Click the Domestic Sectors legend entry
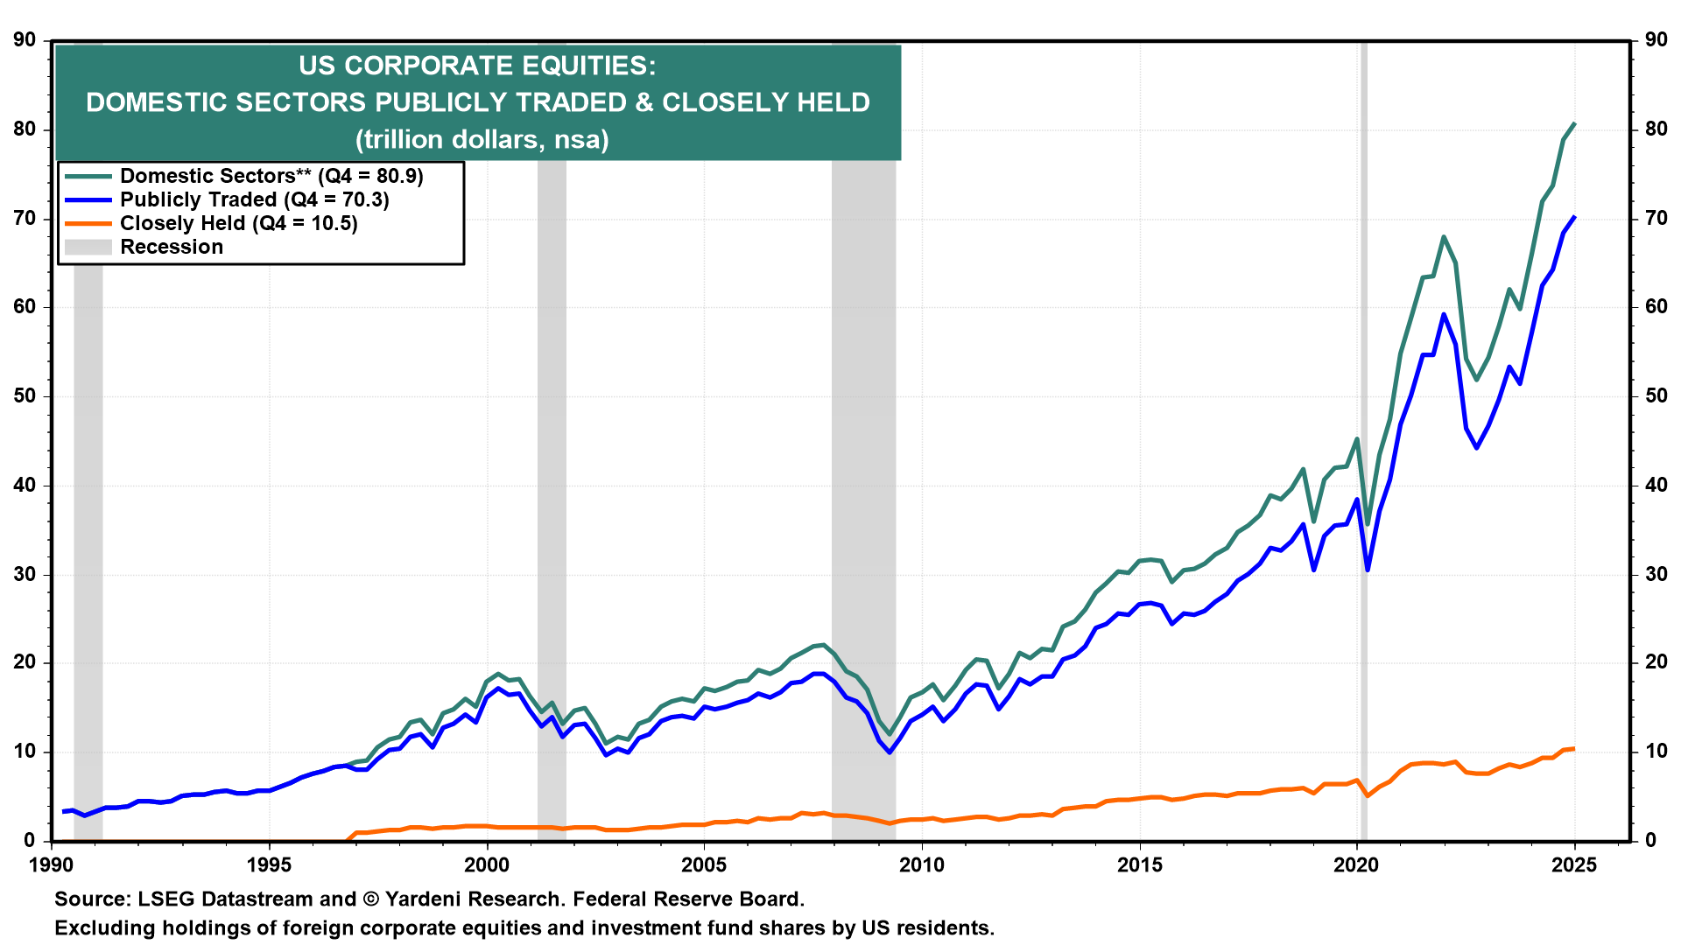coord(271,176)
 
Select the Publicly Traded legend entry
coord(254,199)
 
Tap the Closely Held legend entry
coord(238,223)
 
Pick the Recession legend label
coord(172,247)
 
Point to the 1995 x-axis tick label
coord(269,865)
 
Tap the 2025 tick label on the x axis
coord(1574,865)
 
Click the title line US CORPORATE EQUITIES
coord(477,66)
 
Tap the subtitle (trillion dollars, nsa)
coord(482,139)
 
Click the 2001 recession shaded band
coord(552,525)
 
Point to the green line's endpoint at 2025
coord(1574,123)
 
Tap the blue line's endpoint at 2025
coord(1574,217)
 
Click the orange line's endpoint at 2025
coord(1574,748)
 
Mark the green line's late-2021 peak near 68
coord(1444,236)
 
